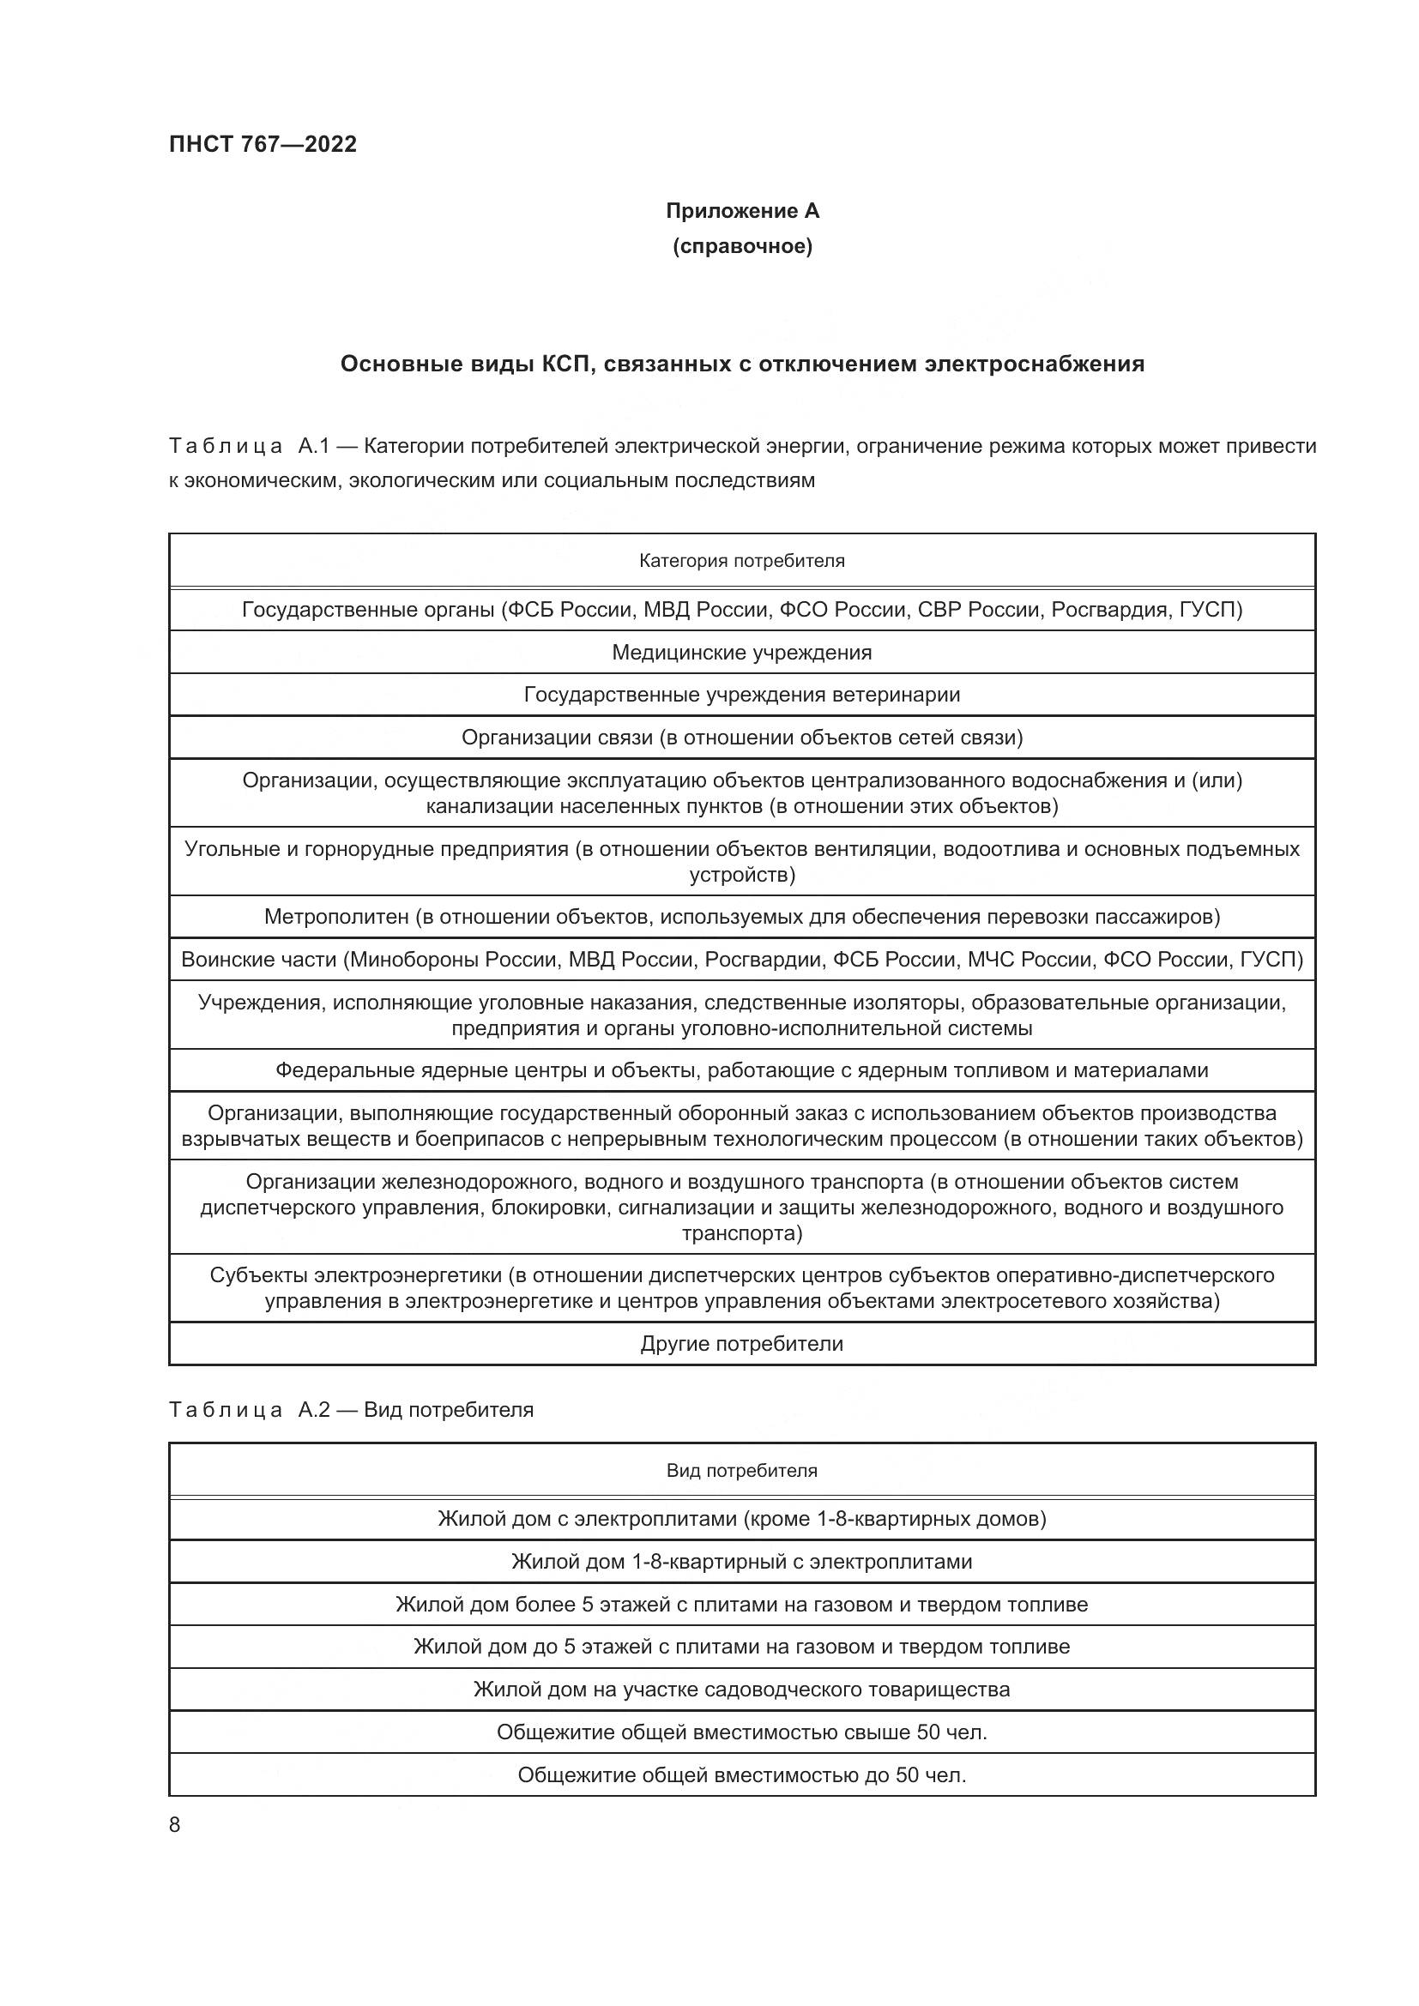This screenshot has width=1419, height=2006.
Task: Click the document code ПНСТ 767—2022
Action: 263,144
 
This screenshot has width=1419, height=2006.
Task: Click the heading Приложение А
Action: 742,211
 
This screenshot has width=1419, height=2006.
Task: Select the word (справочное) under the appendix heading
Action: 742,247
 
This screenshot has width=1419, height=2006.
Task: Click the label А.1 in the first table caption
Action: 313,447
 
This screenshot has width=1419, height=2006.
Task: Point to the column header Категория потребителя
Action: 742,561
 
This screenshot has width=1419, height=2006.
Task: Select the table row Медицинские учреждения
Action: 742,653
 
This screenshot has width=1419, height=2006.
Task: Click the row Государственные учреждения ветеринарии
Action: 742,695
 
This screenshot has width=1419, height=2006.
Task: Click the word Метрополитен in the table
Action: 336,917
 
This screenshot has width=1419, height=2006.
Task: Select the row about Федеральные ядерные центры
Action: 742,1070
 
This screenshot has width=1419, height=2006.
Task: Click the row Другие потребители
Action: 742,1344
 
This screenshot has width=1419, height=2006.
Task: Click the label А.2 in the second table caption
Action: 314,1410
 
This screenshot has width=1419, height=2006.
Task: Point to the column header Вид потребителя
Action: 742,1471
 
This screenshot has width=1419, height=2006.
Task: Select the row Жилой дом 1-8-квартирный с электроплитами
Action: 742,1561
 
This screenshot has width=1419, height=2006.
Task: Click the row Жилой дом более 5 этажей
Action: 742,1604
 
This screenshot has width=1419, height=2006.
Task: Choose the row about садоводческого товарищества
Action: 742,1689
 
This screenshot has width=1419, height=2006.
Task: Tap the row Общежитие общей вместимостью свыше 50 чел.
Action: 742,1732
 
